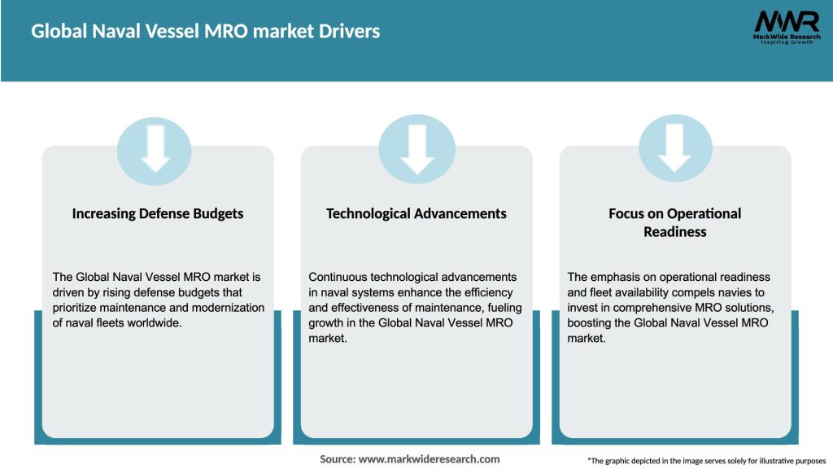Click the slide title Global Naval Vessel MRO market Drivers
[x=205, y=32]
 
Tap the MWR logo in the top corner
[x=786, y=22]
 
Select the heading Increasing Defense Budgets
[x=158, y=213]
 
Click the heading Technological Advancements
[x=416, y=213]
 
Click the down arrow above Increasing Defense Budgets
[x=155, y=148]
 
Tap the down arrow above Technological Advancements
[x=416, y=148]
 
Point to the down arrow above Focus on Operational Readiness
[x=674, y=148]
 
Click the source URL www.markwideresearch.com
[x=429, y=459]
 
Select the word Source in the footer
[x=337, y=459]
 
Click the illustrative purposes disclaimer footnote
[x=706, y=460]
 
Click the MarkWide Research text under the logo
[x=786, y=37]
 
